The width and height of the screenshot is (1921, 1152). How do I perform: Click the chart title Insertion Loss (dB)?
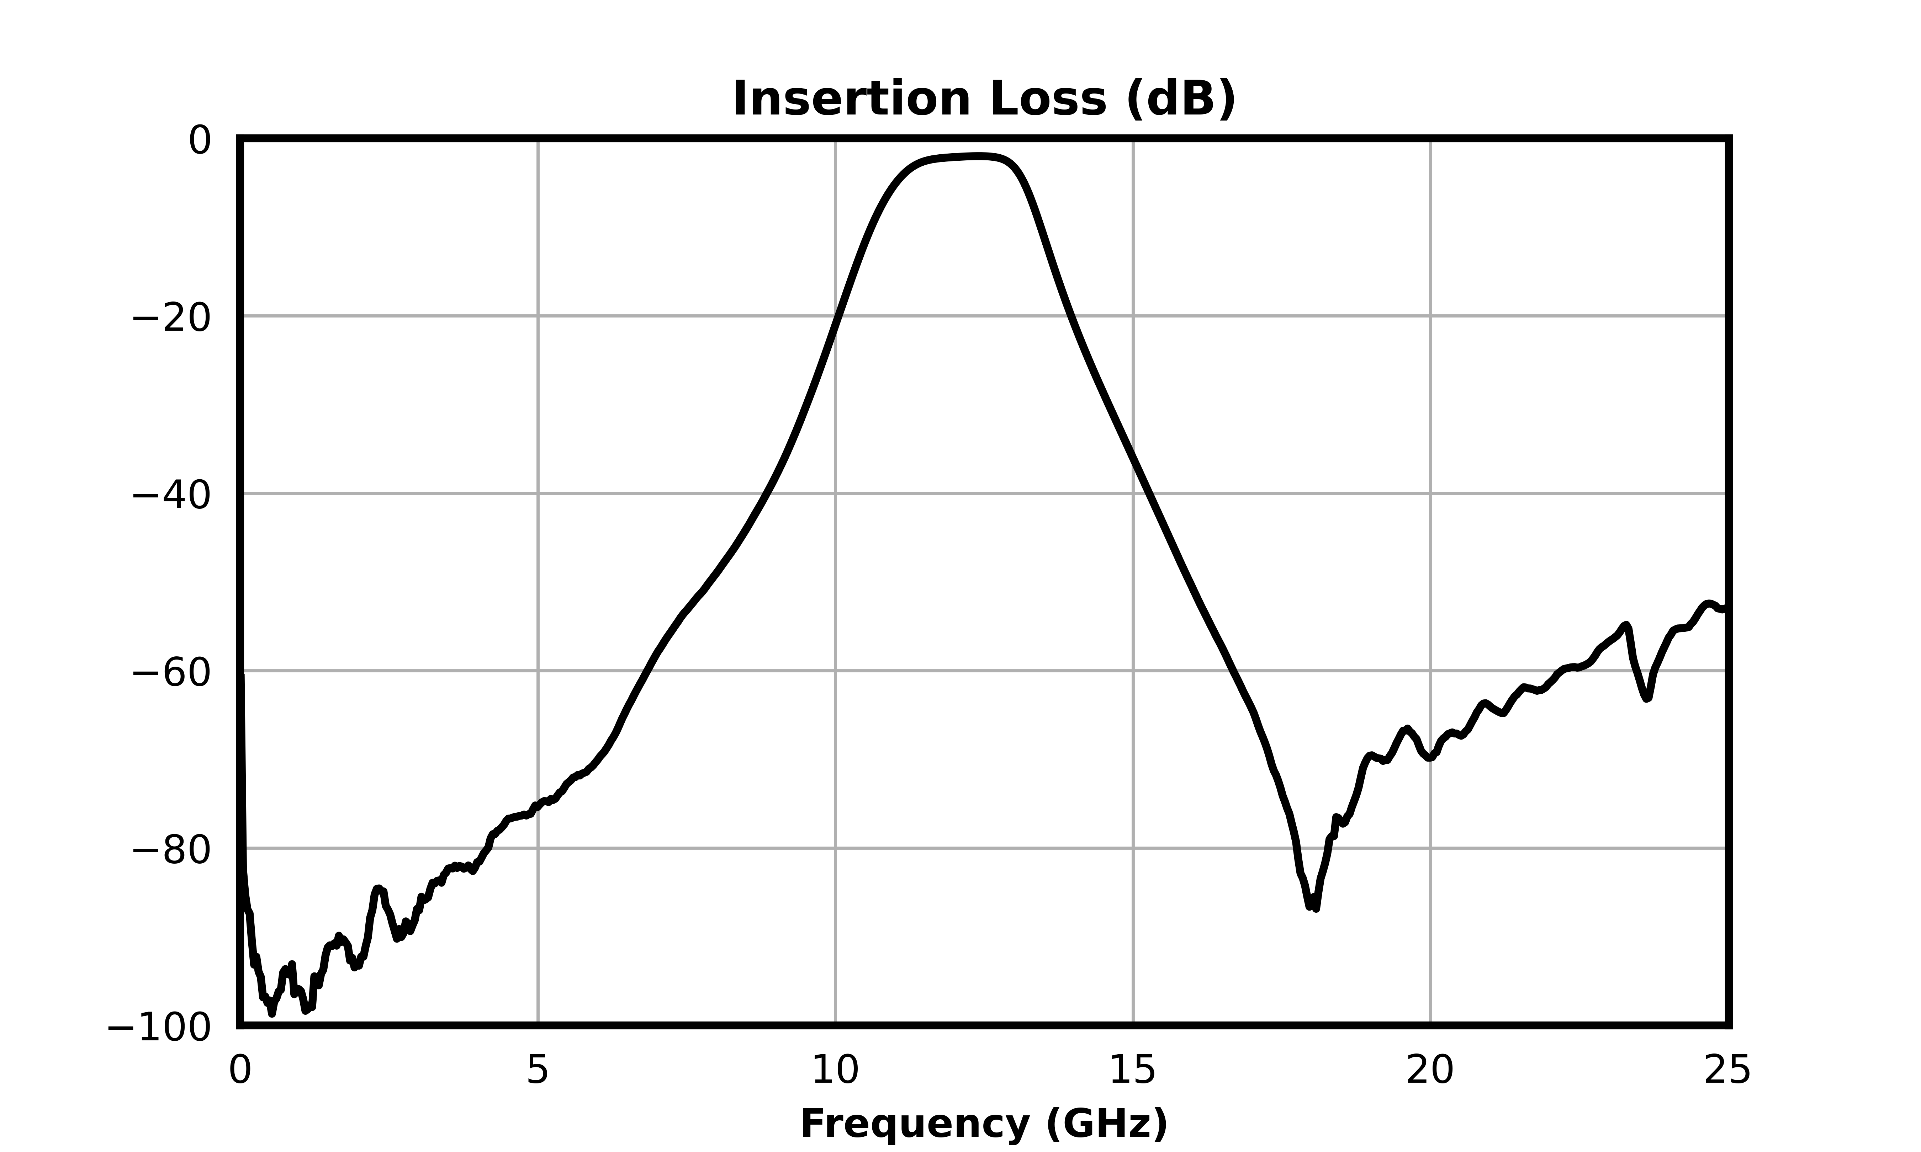984,100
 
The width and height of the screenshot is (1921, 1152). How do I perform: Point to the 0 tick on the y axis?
200,141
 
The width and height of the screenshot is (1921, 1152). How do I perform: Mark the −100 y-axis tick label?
159,1029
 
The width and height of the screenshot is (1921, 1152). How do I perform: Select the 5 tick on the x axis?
537,1071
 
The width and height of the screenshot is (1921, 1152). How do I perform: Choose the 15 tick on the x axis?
1133,1071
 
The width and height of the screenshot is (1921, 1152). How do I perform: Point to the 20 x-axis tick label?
1430,1071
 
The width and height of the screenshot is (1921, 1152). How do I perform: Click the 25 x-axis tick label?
1728,1071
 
